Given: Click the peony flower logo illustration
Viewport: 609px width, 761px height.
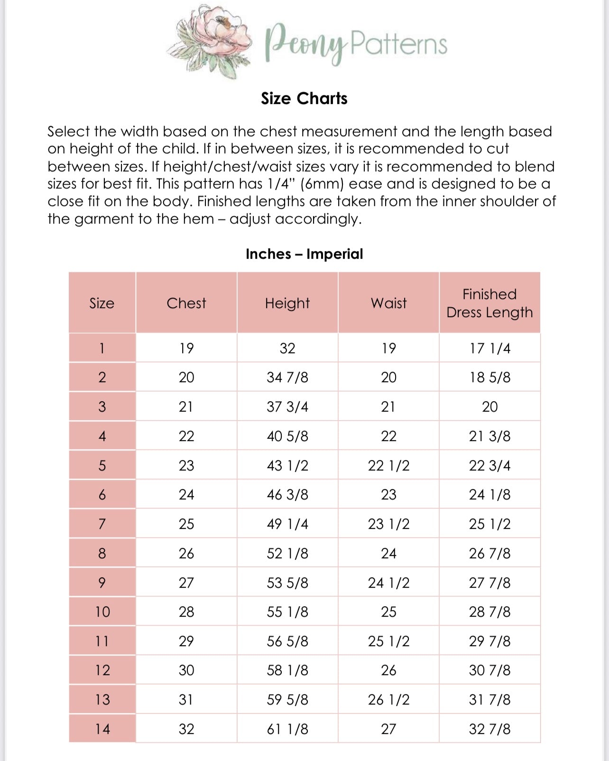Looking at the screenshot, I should pyautogui.click(x=211, y=41).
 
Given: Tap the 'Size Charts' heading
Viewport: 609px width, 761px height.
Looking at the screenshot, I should pyautogui.click(x=304, y=98).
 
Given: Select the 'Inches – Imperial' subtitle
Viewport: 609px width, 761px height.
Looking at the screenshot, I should pyautogui.click(x=304, y=254).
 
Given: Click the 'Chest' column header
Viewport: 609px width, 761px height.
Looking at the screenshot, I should pyautogui.click(x=186, y=303).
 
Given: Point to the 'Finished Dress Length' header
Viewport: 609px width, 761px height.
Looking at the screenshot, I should pyautogui.click(x=489, y=303).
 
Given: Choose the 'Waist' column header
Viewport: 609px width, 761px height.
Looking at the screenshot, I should pyautogui.click(x=388, y=303).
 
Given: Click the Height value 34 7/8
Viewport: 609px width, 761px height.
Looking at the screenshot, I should pyautogui.click(x=287, y=377).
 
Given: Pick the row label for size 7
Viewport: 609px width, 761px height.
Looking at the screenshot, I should pyautogui.click(x=102, y=524).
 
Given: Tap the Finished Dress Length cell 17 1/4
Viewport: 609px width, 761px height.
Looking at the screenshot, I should pyautogui.click(x=489, y=348).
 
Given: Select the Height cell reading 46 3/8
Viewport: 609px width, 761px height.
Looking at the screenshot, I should pyautogui.click(x=287, y=495).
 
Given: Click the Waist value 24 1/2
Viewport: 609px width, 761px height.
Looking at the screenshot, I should pyautogui.click(x=388, y=583).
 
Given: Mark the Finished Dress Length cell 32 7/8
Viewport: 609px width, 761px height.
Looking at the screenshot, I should pyautogui.click(x=489, y=729).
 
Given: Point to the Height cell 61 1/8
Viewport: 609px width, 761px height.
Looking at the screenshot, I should pyautogui.click(x=287, y=729).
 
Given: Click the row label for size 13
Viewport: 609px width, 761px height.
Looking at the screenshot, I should pyautogui.click(x=102, y=700).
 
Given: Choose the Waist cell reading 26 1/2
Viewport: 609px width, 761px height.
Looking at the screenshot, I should pyautogui.click(x=388, y=700).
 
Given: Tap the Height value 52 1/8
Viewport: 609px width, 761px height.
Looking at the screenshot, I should pyautogui.click(x=287, y=554).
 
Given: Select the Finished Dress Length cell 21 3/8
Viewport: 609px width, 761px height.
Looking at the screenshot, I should pyautogui.click(x=489, y=436).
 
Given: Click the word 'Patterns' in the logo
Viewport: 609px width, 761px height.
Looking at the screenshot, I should pyautogui.click(x=398, y=44).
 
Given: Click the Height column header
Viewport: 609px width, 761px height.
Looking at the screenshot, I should pyautogui.click(x=287, y=303).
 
